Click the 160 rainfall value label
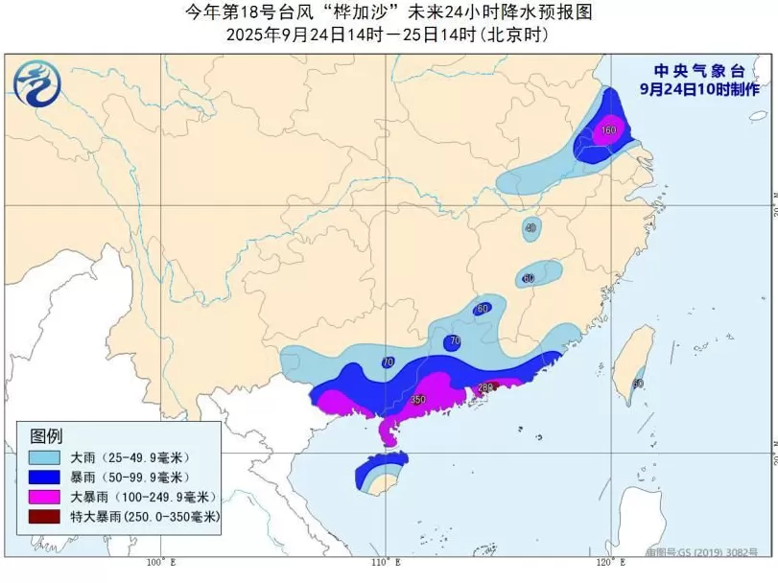point(608,130)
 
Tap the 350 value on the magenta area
point(417,399)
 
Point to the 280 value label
point(485,387)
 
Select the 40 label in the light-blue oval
point(530,228)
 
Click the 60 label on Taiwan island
point(638,384)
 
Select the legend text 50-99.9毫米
point(153,477)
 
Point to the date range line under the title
point(388,35)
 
